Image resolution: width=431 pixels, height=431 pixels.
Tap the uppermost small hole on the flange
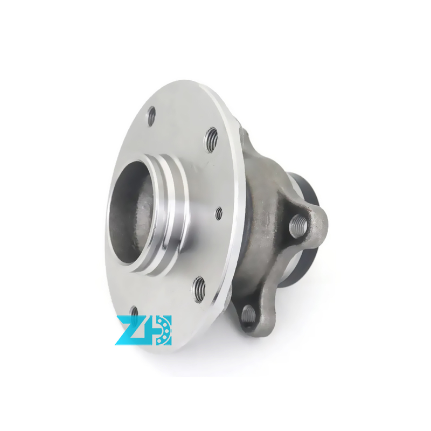151,115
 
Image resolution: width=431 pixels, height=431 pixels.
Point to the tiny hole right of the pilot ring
219,213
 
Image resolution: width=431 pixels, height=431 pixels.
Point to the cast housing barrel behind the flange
259,178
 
